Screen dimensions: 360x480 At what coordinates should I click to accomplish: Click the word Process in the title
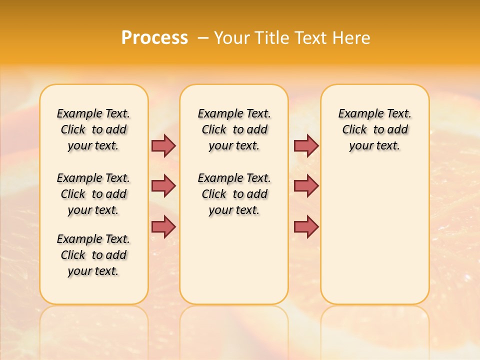click(x=154, y=37)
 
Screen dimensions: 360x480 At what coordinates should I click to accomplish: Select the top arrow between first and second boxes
click(x=163, y=145)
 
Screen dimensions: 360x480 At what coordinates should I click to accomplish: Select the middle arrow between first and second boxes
click(x=163, y=186)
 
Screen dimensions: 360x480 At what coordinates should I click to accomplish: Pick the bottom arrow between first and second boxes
click(x=163, y=227)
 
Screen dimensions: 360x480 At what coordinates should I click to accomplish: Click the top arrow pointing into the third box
click(x=306, y=145)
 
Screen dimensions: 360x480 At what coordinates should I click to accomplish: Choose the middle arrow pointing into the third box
click(x=306, y=186)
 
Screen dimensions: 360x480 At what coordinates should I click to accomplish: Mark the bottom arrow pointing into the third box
click(x=306, y=227)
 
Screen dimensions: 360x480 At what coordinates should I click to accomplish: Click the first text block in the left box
click(x=93, y=129)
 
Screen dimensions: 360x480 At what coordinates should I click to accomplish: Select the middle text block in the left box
click(x=93, y=194)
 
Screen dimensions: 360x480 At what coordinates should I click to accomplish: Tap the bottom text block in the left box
click(x=93, y=255)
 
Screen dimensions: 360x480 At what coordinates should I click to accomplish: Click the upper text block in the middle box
click(x=234, y=129)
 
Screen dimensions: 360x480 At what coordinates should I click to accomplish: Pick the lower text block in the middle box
click(x=234, y=194)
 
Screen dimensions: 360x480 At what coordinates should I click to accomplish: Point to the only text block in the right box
click(x=374, y=129)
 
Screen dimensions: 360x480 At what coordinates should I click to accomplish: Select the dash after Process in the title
click(x=203, y=38)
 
